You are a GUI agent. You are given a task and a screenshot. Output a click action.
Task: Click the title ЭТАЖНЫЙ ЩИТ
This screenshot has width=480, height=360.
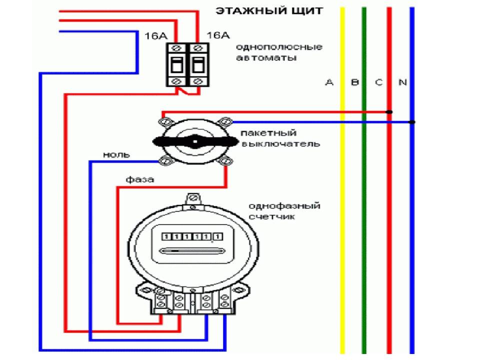(269, 11)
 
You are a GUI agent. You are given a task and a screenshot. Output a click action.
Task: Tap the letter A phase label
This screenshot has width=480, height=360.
(329, 82)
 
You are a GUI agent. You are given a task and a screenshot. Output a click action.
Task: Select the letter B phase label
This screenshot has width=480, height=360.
(355, 82)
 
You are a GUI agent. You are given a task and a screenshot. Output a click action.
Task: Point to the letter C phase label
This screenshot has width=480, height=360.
(378, 82)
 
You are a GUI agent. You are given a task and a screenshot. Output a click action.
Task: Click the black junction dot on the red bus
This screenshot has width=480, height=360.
(390, 112)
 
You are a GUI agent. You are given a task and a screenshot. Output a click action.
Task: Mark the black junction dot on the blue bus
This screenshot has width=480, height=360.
(411, 122)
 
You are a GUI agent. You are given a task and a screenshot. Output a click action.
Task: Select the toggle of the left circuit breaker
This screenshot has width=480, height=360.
(176, 64)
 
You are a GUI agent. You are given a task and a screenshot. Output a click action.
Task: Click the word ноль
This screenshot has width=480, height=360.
(116, 155)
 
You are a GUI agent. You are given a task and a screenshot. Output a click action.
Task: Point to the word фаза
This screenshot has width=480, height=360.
(140, 179)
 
